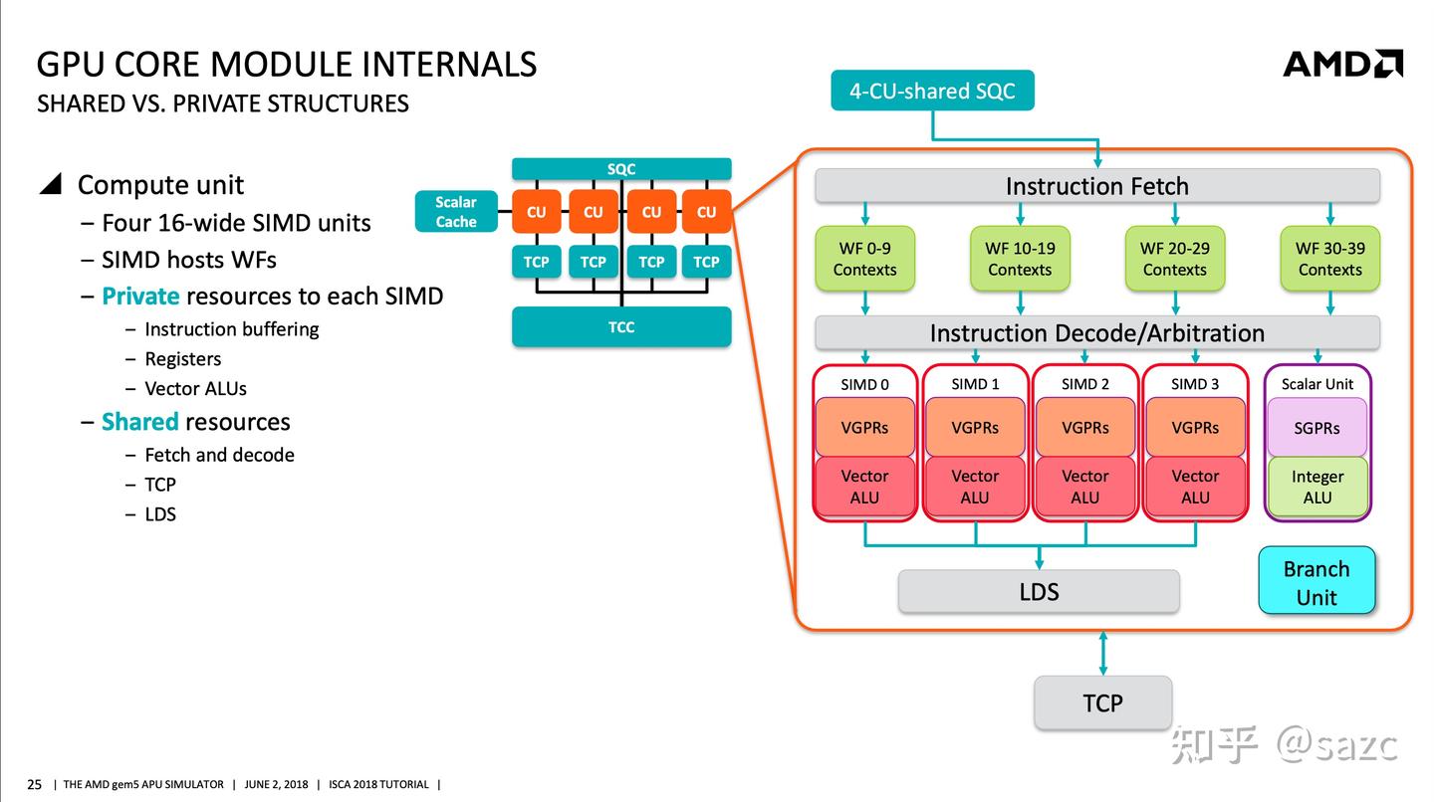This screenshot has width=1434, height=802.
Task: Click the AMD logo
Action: click(x=1342, y=64)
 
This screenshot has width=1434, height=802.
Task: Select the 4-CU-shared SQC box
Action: click(x=932, y=91)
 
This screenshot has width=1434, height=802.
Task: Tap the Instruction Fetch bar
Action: click(x=1096, y=186)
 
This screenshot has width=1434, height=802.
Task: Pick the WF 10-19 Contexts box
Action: click(x=1020, y=259)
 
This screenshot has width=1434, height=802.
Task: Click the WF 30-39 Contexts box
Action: click(x=1329, y=259)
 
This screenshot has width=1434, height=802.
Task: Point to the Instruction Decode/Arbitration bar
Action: click(x=1096, y=332)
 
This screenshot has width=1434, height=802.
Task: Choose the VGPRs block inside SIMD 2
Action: click(x=1085, y=427)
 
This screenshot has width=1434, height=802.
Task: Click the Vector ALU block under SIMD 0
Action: click(x=864, y=486)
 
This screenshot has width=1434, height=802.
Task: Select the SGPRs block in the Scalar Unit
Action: click(x=1316, y=427)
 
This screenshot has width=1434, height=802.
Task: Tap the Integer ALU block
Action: click(x=1316, y=486)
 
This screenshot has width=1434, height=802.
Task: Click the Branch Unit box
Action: click(x=1316, y=581)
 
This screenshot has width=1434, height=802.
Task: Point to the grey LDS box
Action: click(x=1039, y=592)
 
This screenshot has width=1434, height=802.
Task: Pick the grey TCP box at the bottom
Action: click(x=1102, y=702)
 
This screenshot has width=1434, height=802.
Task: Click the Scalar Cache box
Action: click(x=456, y=211)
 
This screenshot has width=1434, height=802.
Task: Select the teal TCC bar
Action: click(x=621, y=326)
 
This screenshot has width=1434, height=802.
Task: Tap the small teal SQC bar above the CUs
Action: click(x=621, y=169)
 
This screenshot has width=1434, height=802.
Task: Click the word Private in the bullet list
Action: click(x=140, y=297)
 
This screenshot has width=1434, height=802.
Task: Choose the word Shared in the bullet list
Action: click(x=140, y=422)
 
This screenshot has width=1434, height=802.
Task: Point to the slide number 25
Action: click(x=34, y=784)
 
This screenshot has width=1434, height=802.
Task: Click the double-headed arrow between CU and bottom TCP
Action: click(x=1102, y=653)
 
